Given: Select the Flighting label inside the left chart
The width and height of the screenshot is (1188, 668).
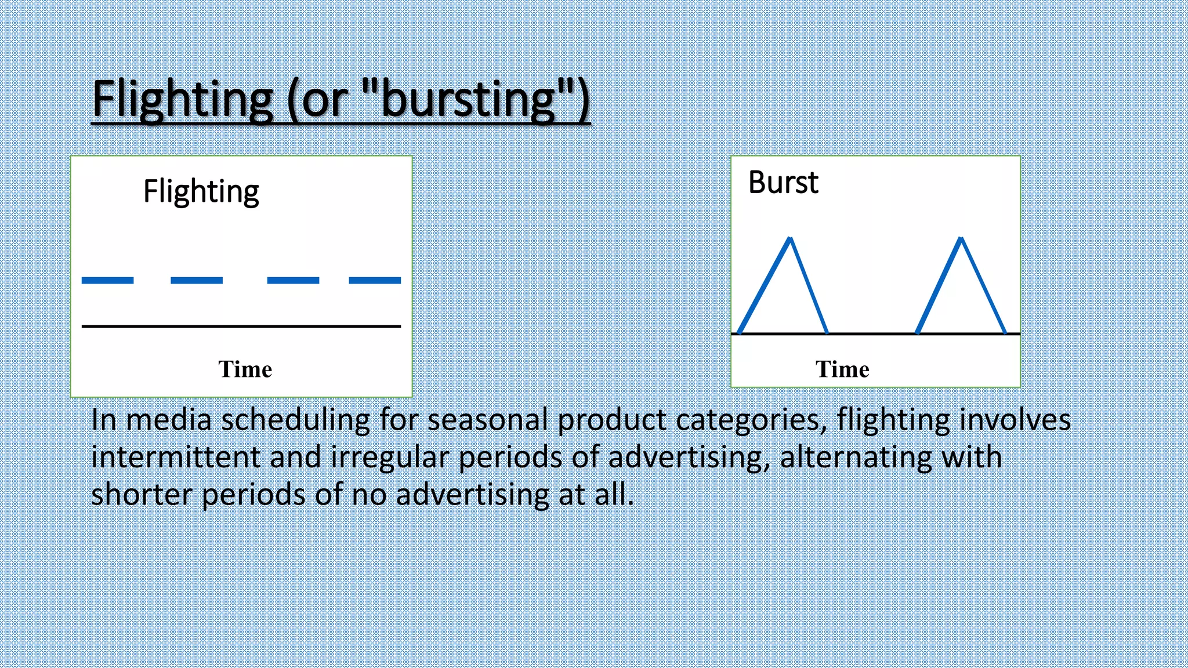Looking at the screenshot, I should [201, 192].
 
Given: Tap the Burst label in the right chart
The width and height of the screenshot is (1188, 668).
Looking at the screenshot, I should [783, 183].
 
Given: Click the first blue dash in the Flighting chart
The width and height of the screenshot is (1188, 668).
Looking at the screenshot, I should [107, 281].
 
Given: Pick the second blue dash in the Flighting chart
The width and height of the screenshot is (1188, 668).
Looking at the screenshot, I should [197, 281].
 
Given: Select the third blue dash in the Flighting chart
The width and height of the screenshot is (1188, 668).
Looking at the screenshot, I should [293, 281].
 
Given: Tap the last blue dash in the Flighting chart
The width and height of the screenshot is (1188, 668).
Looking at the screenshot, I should [375, 281].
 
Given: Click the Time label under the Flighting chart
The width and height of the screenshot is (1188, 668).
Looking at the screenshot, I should [245, 369].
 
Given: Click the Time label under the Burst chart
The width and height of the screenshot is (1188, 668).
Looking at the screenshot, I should [842, 369].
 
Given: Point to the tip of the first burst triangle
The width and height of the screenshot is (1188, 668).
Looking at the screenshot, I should [790, 238].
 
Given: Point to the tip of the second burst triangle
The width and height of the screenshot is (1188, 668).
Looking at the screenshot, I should [961, 238].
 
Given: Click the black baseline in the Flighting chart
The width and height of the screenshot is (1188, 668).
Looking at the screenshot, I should [241, 326].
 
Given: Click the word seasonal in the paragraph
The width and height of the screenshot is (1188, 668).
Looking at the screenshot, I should [487, 420].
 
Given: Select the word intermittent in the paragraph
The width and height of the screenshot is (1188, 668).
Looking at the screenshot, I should [175, 457].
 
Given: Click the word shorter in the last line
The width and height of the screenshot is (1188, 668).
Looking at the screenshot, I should [142, 495].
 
